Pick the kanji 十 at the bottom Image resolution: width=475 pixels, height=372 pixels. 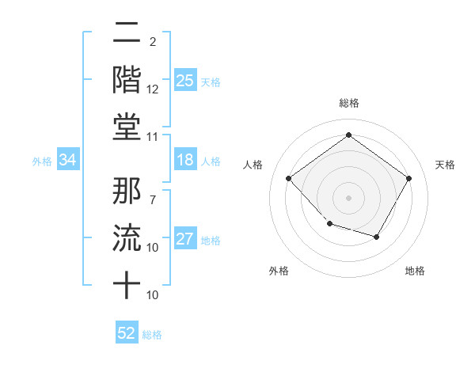tap(127, 284)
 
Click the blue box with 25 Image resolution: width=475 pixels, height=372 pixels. tap(185, 80)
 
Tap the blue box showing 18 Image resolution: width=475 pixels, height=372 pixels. tap(185, 161)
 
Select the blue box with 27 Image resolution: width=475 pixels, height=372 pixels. tap(185, 240)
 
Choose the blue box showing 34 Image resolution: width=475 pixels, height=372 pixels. tap(68, 161)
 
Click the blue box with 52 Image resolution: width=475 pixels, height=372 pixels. tap(127, 333)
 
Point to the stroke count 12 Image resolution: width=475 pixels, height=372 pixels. tap(153, 89)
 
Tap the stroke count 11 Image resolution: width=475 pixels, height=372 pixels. tap(153, 137)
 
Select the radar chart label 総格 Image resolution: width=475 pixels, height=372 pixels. tap(348, 103)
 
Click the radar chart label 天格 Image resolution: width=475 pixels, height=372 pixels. tap(445, 165)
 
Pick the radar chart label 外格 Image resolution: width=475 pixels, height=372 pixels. tap(279, 271)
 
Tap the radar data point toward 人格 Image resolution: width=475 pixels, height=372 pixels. tap(289, 178)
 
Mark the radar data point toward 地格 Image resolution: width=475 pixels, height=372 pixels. tap(377, 237)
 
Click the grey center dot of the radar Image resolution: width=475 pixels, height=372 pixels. tap(348, 197)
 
